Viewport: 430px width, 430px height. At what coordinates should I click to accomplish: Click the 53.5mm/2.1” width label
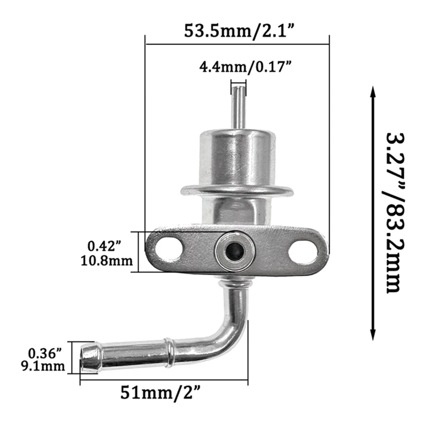coord(237,29)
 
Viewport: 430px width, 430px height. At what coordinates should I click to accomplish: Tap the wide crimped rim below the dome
coord(236,190)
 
